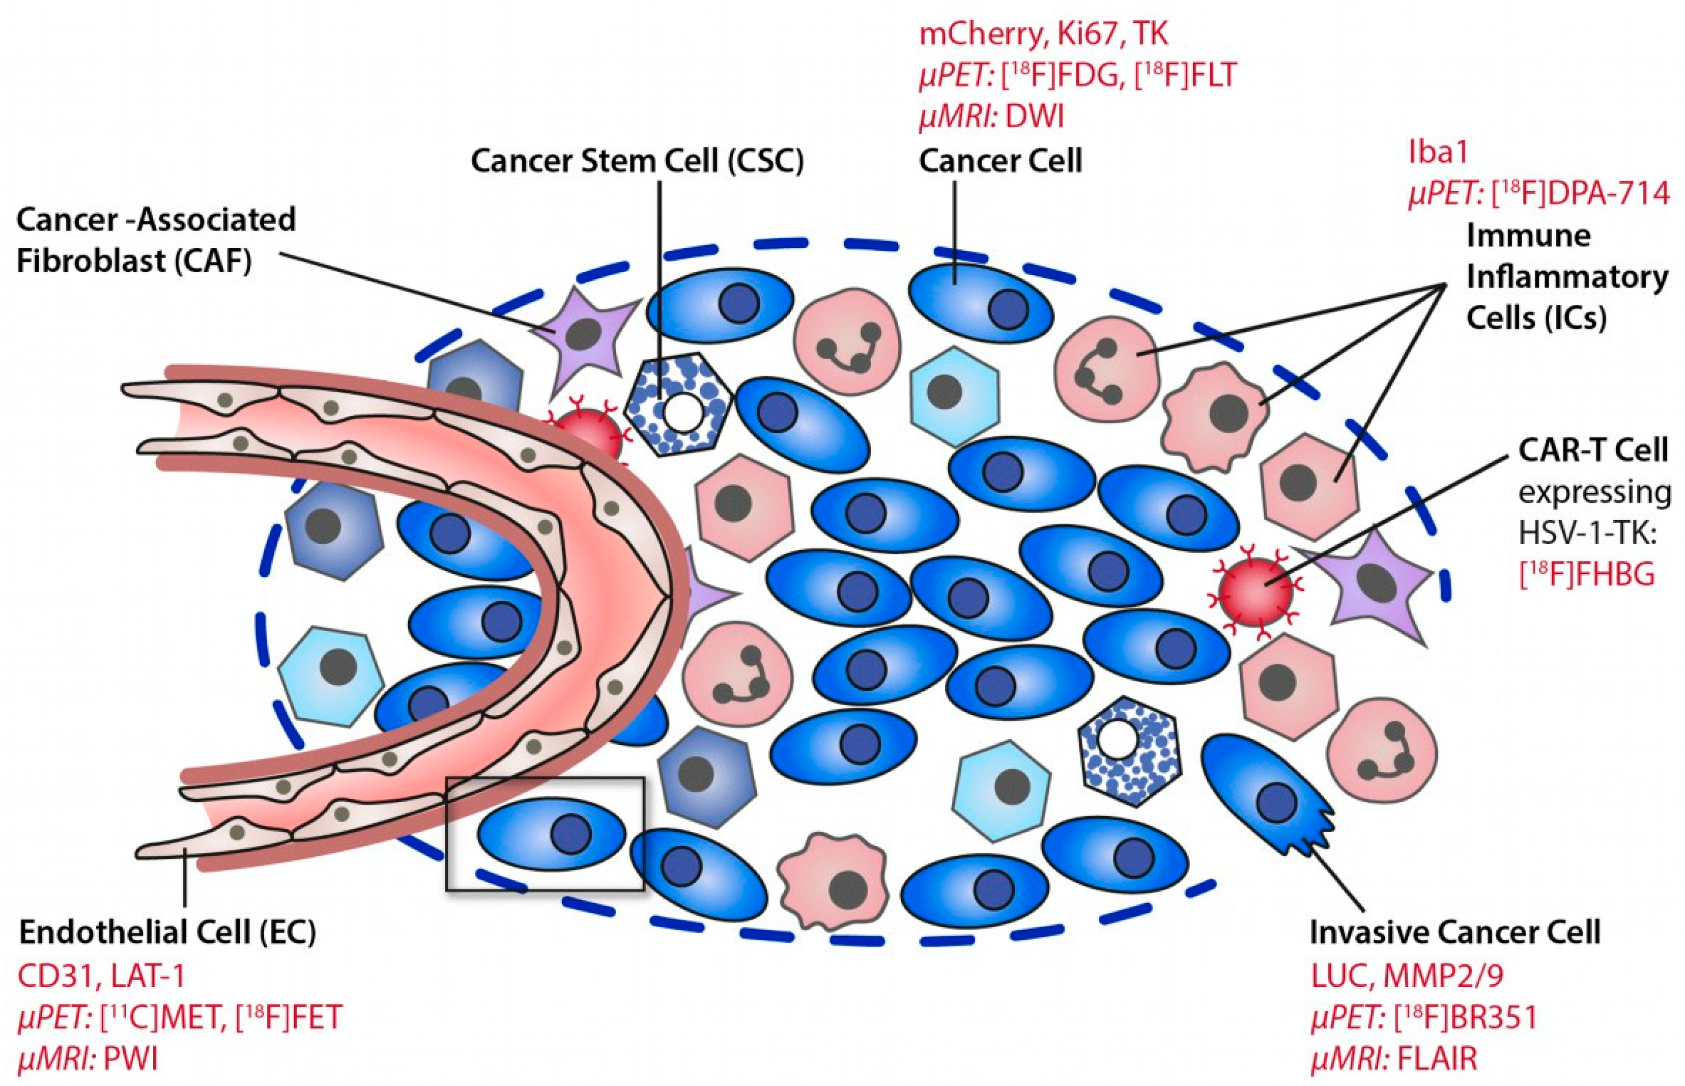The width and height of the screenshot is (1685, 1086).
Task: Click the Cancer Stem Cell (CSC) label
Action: [637, 162]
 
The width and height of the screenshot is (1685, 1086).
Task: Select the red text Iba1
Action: [1438, 152]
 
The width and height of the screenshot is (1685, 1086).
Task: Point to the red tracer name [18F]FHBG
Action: [1586, 575]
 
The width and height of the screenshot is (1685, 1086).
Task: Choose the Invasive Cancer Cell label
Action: [1455, 932]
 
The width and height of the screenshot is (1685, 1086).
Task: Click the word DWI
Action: [1034, 116]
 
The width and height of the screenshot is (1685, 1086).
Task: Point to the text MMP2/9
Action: [1443, 976]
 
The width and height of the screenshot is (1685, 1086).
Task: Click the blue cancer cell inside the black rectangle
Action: [552, 833]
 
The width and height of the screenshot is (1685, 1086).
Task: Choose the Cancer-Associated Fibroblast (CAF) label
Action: [155, 240]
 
